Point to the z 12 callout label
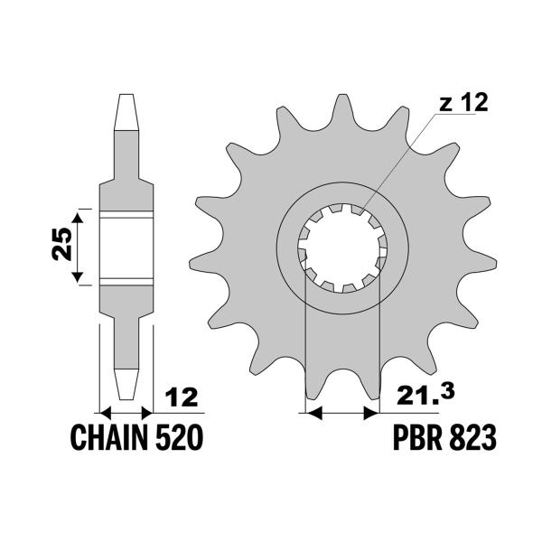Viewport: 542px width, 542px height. tap(463, 104)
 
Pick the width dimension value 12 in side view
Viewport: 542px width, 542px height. tap(181, 397)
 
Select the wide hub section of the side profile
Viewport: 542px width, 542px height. tap(126, 246)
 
